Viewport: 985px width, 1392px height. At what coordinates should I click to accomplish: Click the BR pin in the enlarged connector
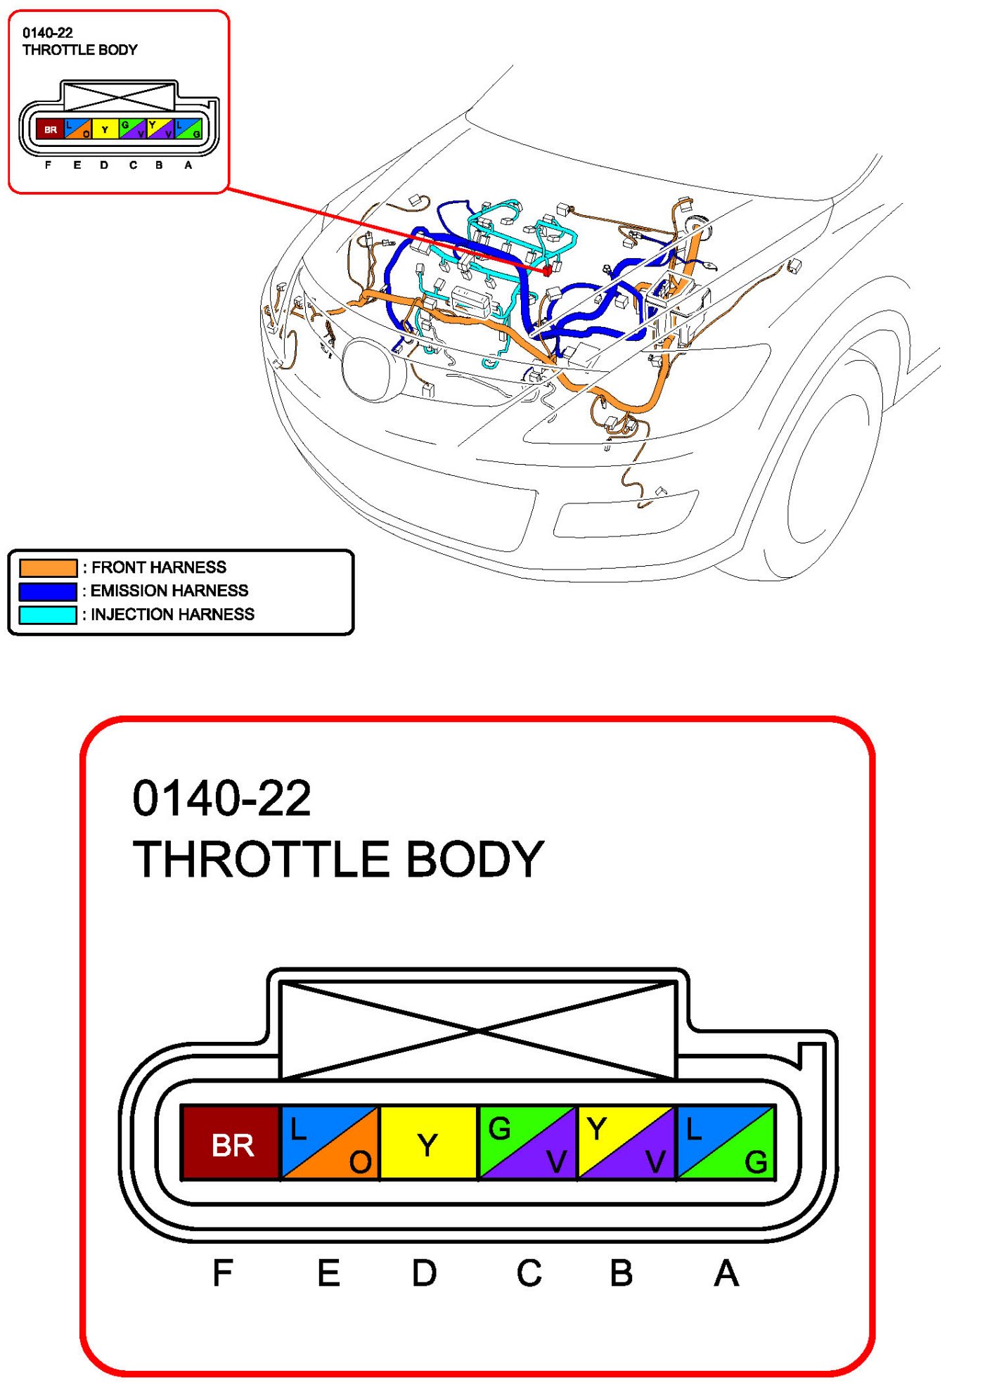click(x=231, y=1143)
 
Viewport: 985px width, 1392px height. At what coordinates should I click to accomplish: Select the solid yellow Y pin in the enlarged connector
click(x=428, y=1143)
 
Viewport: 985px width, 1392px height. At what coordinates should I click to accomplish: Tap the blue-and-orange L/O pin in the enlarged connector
click(x=330, y=1143)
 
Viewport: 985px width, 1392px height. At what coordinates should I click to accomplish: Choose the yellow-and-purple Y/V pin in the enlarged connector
click(x=626, y=1143)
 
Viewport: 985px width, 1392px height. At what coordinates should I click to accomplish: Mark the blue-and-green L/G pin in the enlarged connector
click(x=726, y=1143)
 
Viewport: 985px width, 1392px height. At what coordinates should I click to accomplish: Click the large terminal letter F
click(x=222, y=1273)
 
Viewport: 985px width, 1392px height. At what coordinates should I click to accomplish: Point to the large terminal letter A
click(x=726, y=1273)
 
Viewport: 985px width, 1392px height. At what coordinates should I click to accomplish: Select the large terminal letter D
click(x=424, y=1273)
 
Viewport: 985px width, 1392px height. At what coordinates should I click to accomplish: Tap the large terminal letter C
click(x=529, y=1273)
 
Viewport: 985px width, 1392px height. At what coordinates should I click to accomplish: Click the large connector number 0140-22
click(x=221, y=799)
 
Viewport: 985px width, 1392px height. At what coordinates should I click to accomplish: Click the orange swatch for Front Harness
click(x=48, y=567)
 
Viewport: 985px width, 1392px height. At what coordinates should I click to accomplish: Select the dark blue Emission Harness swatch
click(x=48, y=591)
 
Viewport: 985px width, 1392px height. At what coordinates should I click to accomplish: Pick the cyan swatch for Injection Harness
click(x=48, y=614)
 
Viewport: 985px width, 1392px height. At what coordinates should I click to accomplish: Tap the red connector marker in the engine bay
click(x=547, y=271)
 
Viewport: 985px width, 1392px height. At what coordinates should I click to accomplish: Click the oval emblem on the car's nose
click(x=366, y=370)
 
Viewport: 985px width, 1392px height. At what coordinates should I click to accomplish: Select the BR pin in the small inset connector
click(x=50, y=129)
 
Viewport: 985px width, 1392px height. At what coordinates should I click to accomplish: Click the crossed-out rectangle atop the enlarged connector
click(x=478, y=1030)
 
